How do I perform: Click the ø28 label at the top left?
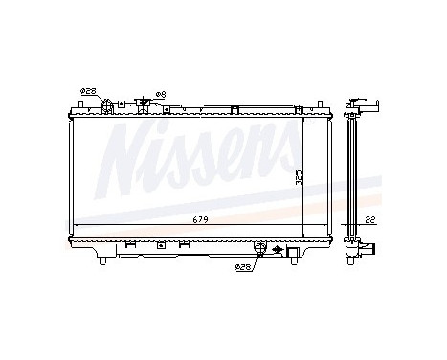(88, 92)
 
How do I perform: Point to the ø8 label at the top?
(160, 93)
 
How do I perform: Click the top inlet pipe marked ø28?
(107, 104)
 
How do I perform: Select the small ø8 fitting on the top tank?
(143, 101)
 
